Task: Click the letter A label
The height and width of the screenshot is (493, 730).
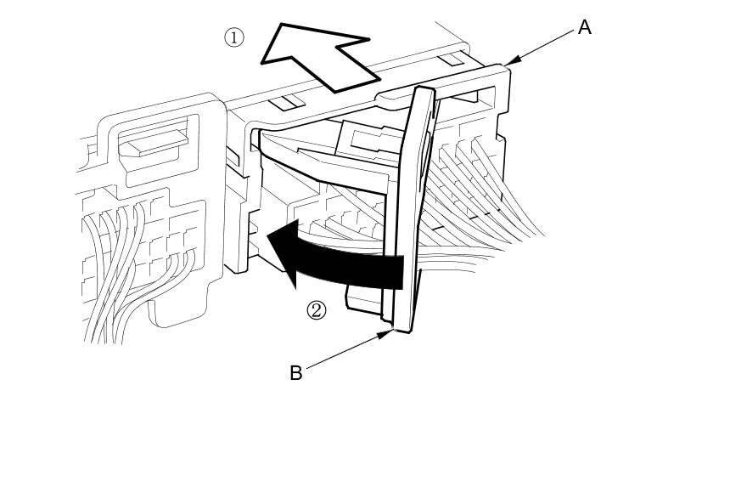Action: point(584,27)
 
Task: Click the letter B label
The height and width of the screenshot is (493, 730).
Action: point(295,373)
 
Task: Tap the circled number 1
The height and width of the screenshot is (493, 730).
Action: point(233,37)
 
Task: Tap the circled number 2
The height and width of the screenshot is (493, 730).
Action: point(316,310)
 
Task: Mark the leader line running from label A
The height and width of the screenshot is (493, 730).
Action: point(543,45)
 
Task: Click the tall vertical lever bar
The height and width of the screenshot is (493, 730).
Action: point(411,212)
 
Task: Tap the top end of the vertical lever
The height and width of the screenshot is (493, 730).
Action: point(424,90)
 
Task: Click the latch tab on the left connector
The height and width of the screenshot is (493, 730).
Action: point(153,140)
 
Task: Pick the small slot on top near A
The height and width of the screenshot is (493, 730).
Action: point(451,59)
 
